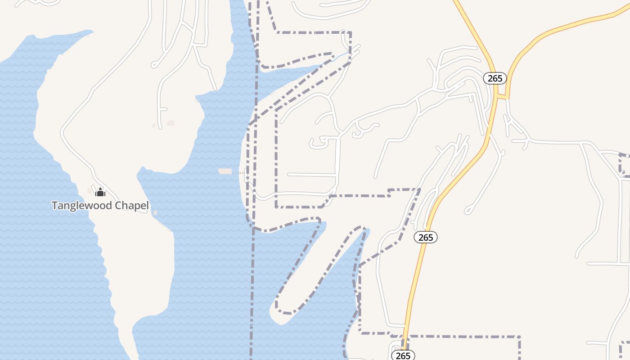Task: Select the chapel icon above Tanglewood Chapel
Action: pos(100,192)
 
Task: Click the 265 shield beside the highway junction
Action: pos(495,78)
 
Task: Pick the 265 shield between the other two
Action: pos(425,237)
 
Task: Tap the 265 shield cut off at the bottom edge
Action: pos(403,355)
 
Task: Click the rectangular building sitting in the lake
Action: pos(225,171)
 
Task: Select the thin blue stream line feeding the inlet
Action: pos(342,55)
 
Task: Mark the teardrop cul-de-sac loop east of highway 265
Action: pos(468,210)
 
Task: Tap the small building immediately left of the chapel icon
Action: pos(90,191)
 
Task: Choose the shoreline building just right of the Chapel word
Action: pos(155,213)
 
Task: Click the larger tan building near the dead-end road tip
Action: pos(171,122)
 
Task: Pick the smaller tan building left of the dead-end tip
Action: pos(154,126)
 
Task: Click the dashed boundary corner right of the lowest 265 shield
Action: pos(519,337)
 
